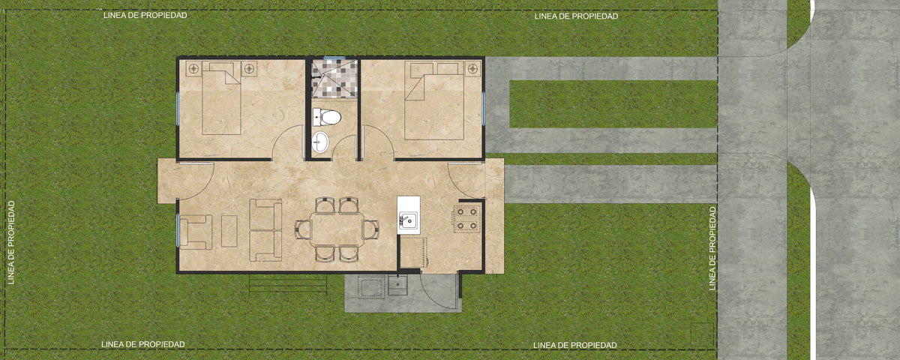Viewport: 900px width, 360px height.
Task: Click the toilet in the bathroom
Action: point(327,117)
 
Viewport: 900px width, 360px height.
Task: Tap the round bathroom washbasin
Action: point(321,142)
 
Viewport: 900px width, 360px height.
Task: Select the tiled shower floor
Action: point(334,78)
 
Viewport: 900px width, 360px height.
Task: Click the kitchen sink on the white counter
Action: point(408,220)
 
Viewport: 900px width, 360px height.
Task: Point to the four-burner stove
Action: point(466,219)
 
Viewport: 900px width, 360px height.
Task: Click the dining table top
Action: point(337,229)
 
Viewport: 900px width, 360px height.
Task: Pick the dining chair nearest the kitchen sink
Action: point(370,229)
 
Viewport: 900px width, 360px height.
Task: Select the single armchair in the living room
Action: point(196,232)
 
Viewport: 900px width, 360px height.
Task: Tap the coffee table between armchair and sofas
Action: point(229,231)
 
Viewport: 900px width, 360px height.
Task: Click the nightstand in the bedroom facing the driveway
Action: point(473,69)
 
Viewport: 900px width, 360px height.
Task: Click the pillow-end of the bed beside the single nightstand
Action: point(434,69)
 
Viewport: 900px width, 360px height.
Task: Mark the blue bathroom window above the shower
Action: point(334,58)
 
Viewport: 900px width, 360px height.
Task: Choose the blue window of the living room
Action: point(177,230)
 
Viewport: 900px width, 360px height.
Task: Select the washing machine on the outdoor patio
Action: point(371,286)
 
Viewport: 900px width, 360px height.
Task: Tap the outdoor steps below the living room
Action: point(288,283)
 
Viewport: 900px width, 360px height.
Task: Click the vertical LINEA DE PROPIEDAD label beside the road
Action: point(712,248)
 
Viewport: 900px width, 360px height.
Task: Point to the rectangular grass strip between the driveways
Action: point(613,104)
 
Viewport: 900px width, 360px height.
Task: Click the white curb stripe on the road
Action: point(813,274)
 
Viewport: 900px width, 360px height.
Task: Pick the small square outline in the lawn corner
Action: point(702,334)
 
